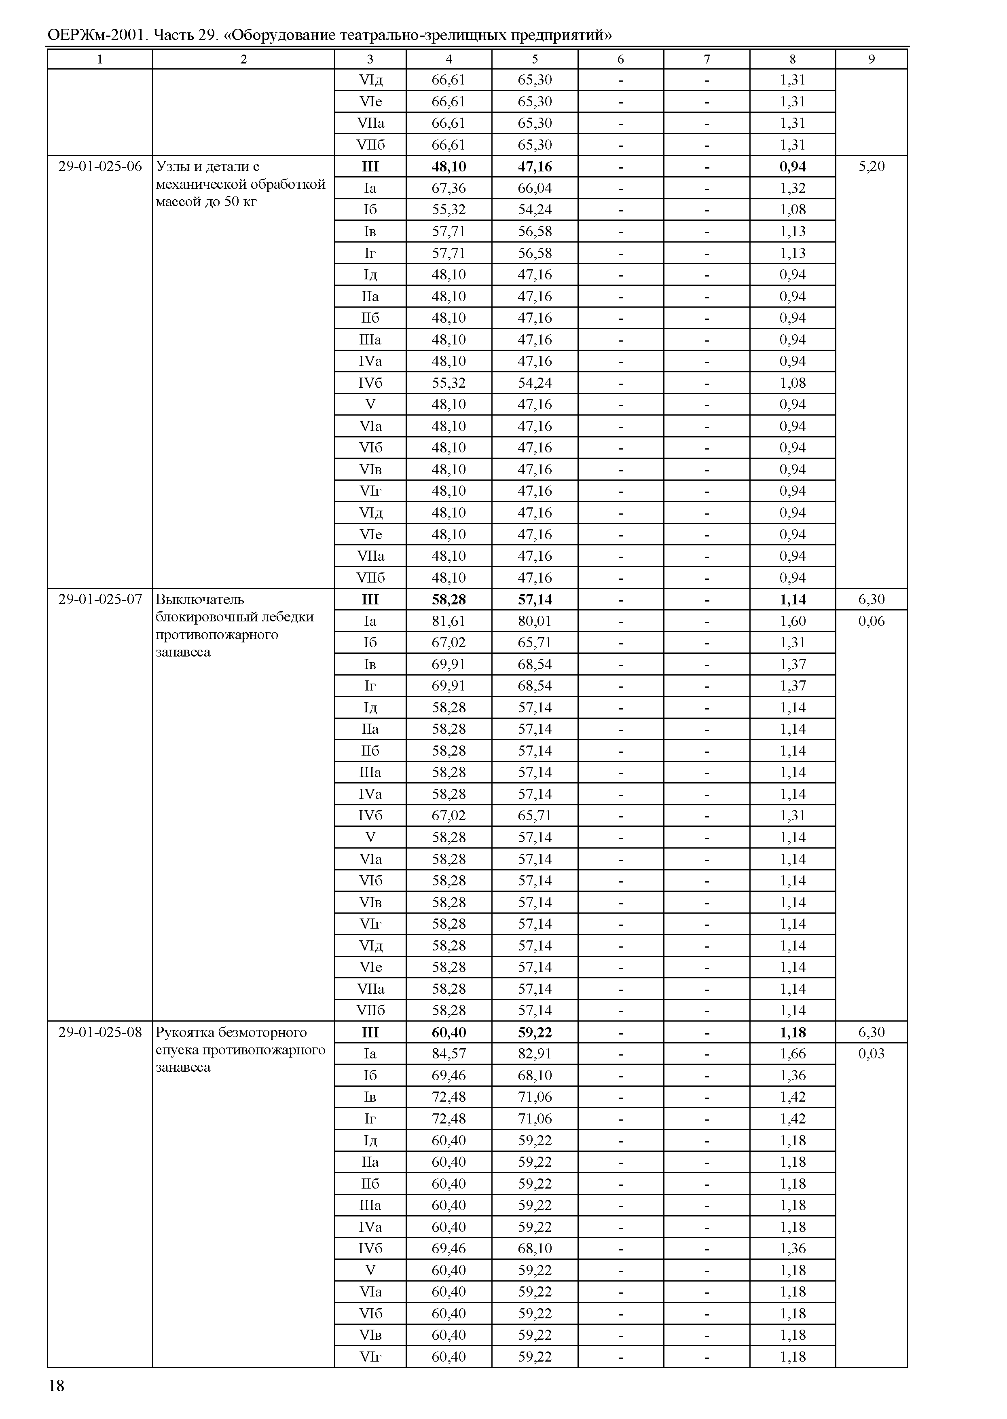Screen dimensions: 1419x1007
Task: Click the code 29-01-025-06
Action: (x=100, y=167)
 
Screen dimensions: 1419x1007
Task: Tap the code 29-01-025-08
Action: (x=100, y=1032)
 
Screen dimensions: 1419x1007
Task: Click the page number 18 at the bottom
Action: (x=57, y=1385)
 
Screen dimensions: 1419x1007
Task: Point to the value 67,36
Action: (x=448, y=188)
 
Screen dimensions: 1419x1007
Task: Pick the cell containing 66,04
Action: (x=535, y=188)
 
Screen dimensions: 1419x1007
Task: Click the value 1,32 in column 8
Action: (x=792, y=188)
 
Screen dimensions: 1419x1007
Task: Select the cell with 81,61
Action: (x=448, y=621)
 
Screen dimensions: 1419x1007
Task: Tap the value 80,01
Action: (x=535, y=621)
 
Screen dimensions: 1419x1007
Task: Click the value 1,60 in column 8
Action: (x=792, y=621)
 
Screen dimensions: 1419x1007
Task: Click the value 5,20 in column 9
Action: (x=871, y=167)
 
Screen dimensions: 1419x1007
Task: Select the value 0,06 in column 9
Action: (x=871, y=621)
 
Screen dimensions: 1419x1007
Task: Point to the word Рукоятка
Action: (x=184, y=1032)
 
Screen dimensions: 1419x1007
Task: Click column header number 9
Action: (x=871, y=59)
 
